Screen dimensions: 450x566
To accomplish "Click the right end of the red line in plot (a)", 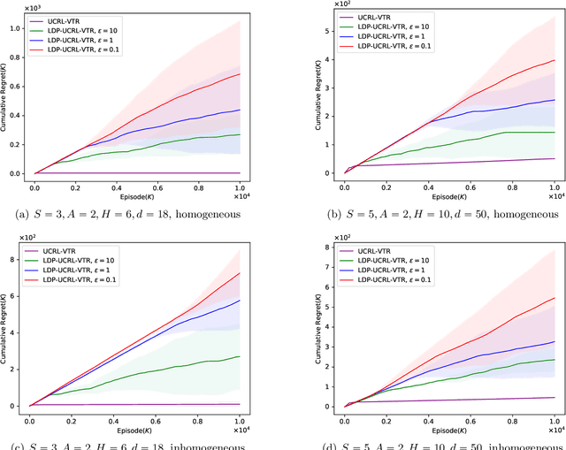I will (241, 74).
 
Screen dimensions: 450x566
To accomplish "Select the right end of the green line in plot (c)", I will (241, 356).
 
